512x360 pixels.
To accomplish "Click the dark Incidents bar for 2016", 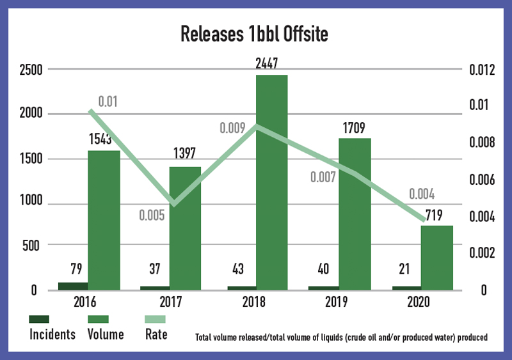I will click(73, 286).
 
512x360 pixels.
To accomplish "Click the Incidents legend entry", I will click(52, 334).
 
